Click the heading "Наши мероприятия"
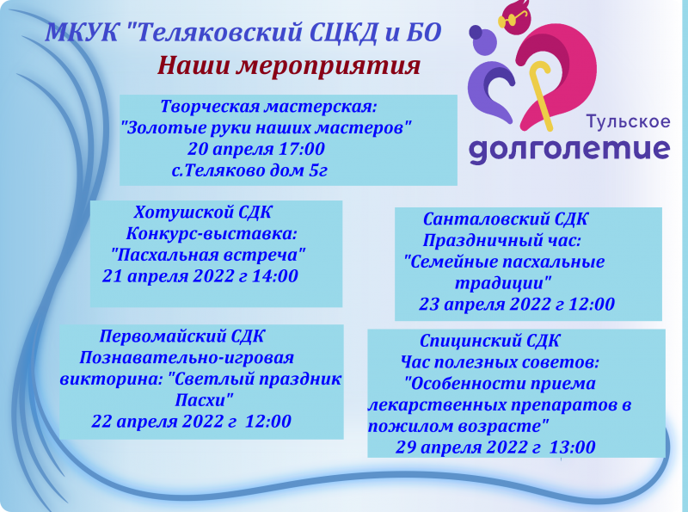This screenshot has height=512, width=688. [289, 66]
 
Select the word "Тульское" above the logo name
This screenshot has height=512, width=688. [629, 121]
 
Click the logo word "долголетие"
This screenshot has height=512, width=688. [569, 149]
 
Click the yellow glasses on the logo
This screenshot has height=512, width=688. [512, 19]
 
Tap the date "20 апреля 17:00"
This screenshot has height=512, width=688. [255, 149]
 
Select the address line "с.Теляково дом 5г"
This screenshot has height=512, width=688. [249, 170]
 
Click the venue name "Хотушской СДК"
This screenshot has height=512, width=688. [203, 212]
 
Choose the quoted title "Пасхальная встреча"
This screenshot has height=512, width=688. [208, 255]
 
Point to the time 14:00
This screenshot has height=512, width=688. [274, 276]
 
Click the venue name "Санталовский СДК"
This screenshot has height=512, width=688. [505, 219]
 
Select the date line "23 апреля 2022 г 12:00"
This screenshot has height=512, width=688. [517, 304]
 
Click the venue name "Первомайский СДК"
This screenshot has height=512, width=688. [181, 336]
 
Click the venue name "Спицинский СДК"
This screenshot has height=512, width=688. [489, 341]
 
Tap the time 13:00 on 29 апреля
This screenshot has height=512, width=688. [572, 447]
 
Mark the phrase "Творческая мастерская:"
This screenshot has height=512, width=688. [268, 106]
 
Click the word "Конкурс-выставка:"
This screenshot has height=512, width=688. [212, 233]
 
